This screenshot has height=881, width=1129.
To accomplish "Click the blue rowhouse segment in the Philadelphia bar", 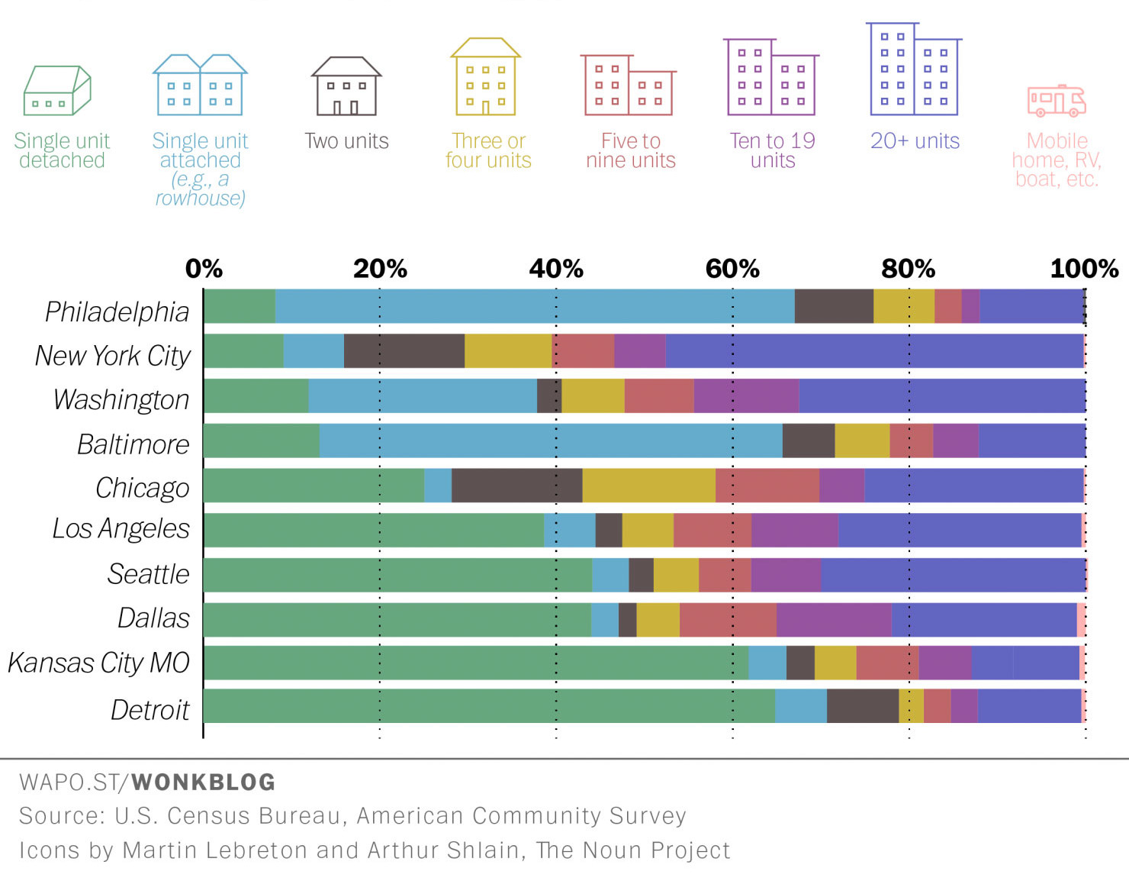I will [534, 306].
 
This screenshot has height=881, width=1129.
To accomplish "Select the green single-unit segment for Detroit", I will [488, 706].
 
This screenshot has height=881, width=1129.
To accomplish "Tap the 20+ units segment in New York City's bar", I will [873, 351].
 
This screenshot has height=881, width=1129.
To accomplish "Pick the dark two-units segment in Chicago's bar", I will [516, 486].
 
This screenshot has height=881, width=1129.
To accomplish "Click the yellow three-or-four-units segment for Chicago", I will [648, 486].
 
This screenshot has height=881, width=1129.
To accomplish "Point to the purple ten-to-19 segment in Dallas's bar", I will [833, 620].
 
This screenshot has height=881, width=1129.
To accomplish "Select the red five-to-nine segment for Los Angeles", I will [712, 530].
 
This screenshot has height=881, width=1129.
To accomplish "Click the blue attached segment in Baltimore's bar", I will [550, 440].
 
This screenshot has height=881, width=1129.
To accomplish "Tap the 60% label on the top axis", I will [732, 269].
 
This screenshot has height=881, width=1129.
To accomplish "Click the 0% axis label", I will [204, 269].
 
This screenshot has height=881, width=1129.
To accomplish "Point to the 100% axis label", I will [1083, 269].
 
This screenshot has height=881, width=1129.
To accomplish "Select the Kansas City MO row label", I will [98, 663].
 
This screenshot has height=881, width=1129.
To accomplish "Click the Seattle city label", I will [148, 574].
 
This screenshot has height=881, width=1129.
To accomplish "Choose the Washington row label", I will [121, 399].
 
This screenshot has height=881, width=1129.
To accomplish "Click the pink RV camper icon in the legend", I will [1057, 101].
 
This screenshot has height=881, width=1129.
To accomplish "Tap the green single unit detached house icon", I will [57, 90].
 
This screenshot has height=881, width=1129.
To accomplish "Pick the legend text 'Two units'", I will [346, 141].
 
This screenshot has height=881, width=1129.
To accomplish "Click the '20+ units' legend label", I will [915, 141].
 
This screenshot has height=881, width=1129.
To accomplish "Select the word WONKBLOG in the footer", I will [203, 783].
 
